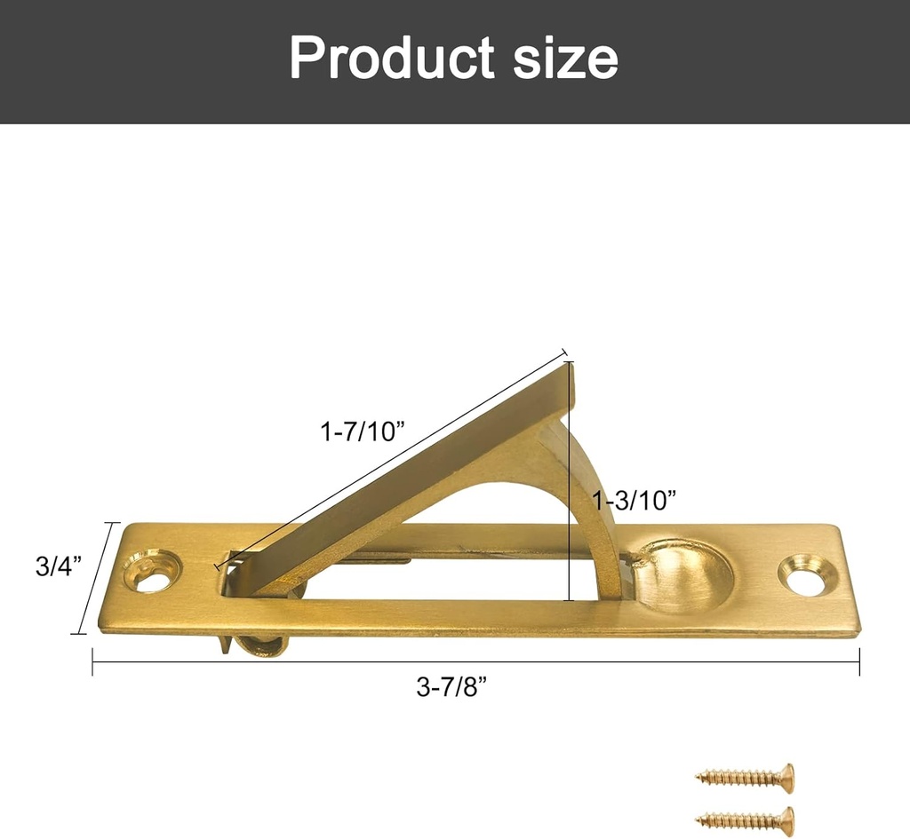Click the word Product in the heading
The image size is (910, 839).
[x=392, y=58]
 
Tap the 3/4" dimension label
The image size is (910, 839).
[x=59, y=566]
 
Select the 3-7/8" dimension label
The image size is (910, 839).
[x=451, y=688]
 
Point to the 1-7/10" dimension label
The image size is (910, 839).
[x=363, y=431]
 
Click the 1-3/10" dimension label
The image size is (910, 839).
[x=635, y=500]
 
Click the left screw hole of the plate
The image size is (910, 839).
[x=153, y=571]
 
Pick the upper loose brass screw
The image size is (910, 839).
[x=746, y=776]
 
